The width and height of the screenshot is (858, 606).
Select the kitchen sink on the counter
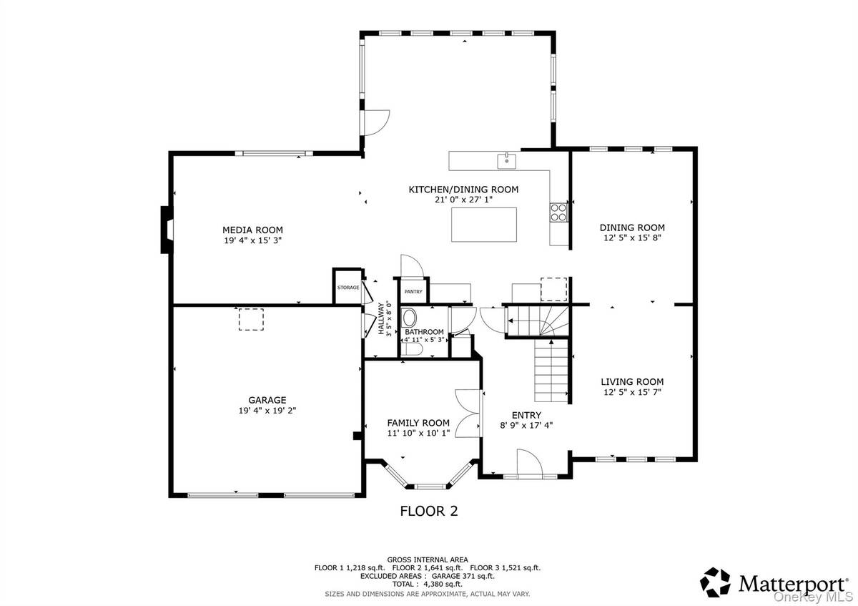click(506, 160)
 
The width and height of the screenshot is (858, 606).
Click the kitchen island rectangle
click(483, 224)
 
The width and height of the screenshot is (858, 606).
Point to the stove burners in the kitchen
click(558, 211)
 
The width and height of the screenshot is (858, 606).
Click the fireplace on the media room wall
click(166, 230)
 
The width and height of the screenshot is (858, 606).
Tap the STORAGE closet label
click(348, 288)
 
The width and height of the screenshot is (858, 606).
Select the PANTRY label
click(413, 292)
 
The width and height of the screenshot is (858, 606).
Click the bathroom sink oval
click(410, 318)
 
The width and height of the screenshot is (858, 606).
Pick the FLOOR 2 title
click(428, 511)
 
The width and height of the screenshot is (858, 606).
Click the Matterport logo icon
click(715, 582)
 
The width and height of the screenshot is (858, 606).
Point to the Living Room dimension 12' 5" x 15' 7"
click(632, 391)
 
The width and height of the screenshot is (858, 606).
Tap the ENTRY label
click(526, 415)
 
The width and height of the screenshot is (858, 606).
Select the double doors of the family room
click(469, 413)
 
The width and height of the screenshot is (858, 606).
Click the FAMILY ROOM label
click(418, 423)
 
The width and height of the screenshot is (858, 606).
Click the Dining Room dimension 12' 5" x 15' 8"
click(632, 238)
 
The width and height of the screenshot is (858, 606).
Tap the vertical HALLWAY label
click(382, 318)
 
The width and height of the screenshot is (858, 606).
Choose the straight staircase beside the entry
click(551, 371)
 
